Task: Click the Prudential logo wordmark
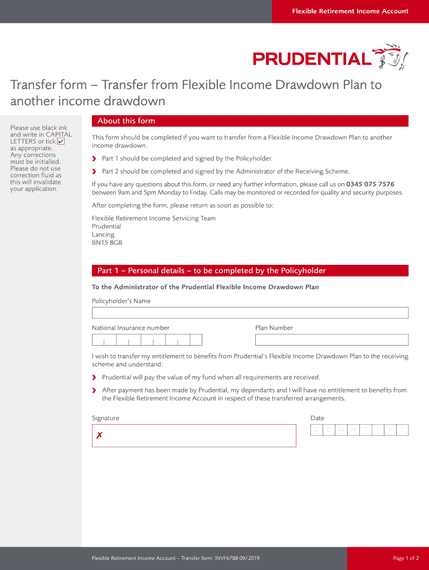pos(311,58)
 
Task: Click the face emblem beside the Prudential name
pos(392,56)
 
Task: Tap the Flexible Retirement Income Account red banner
pos(350,11)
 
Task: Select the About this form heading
pos(126,121)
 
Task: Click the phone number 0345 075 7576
pos(370,184)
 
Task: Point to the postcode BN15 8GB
pos(107,243)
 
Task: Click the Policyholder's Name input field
pos(250,313)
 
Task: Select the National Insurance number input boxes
pos(147,340)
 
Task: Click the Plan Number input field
pos(331,340)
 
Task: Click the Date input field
pos(359,430)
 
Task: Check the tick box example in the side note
pos(61,141)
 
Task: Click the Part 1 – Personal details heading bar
pos(250,271)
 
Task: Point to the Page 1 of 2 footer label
pos(406,558)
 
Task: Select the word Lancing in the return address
pos(103,234)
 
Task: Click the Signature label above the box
pos(105,418)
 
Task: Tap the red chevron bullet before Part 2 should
pos(94,171)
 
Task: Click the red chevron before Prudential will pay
pos(94,377)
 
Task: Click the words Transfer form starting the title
pos(48,85)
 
